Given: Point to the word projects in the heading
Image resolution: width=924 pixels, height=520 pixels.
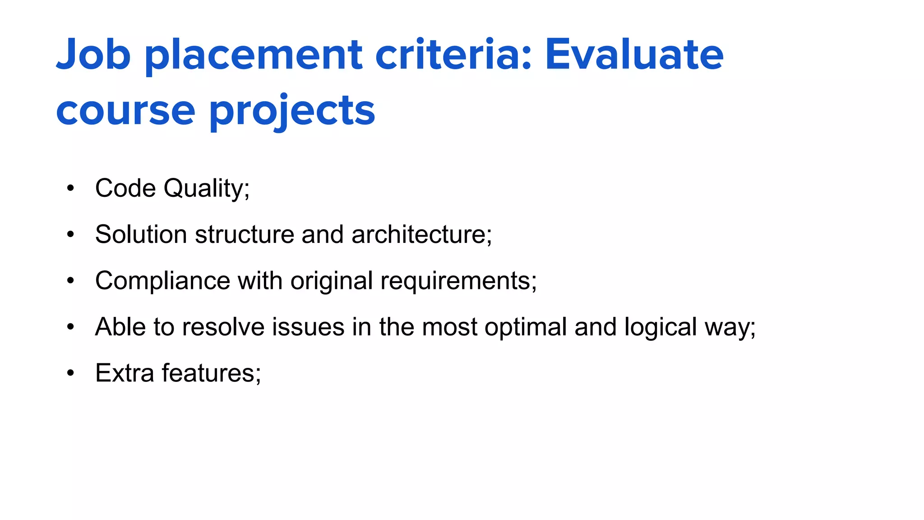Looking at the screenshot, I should click(x=292, y=111).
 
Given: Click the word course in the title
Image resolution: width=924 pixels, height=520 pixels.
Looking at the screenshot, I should click(x=125, y=111).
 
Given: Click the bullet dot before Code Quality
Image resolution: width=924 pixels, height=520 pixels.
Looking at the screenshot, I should click(x=70, y=188).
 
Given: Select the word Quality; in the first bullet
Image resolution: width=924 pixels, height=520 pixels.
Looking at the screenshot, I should click(x=206, y=189).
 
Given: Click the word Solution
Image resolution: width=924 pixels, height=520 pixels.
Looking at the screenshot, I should click(x=141, y=234).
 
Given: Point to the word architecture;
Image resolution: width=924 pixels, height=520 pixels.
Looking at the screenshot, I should click(x=421, y=234).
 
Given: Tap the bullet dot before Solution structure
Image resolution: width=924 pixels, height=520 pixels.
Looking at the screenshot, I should click(x=70, y=234).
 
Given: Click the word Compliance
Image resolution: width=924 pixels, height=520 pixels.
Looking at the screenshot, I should click(x=163, y=281).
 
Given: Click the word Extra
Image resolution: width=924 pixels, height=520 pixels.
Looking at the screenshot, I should click(x=125, y=373).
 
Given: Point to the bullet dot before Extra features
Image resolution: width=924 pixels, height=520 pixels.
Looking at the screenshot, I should click(x=70, y=373).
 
